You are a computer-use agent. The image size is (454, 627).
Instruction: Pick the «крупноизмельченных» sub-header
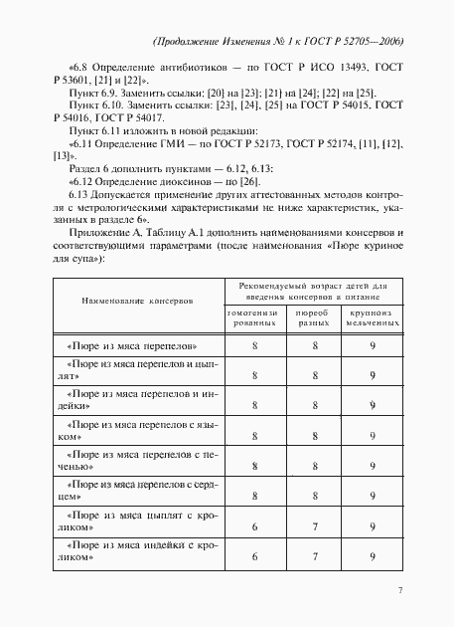372,318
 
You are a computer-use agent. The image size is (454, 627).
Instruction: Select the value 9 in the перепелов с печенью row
372,465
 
